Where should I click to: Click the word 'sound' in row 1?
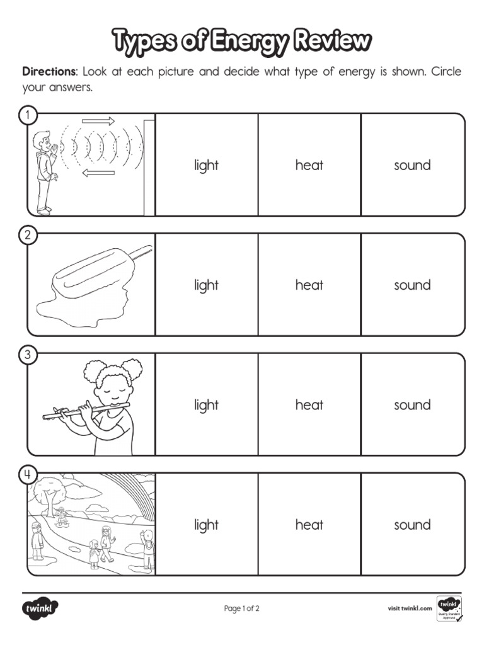click(x=412, y=165)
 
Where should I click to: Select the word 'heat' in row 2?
click(x=309, y=285)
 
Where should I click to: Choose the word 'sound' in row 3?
click(x=412, y=405)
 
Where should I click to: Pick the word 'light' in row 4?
click(x=206, y=525)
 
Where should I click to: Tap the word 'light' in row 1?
click(x=206, y=166)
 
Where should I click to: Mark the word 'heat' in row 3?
click(x=309, y=405)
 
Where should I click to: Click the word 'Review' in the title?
click(x=333, y=41)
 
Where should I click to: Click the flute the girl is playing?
click(x=85, y=411)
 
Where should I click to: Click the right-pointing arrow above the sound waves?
click(x=98, y=121)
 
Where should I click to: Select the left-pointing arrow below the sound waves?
click(x=98, y=173)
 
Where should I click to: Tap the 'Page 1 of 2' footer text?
click(x=242, y=608)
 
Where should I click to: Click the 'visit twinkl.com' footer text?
click(x=410, y=608)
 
